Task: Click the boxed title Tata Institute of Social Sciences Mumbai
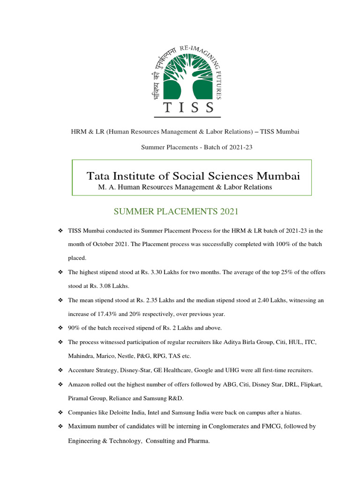coord(193,176)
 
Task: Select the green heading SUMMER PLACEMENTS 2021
coord(176,212)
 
